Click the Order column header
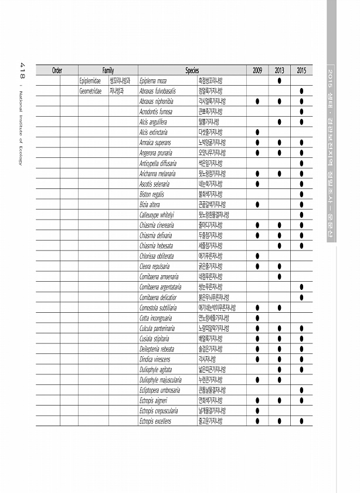(57, 70)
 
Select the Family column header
(108, 70)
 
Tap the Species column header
(192, 70)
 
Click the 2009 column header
(257, 70)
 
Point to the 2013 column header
(279, 70)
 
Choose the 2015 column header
(301, 70)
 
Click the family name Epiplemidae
(91, 80)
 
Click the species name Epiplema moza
(154, 80)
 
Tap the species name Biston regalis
(152, 194)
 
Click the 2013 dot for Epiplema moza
(279, 80)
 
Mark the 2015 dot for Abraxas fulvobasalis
(301, 91)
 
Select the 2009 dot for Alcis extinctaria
(257, 132)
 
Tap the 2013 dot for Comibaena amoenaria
(279, 276)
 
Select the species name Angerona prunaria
(156, 153)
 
